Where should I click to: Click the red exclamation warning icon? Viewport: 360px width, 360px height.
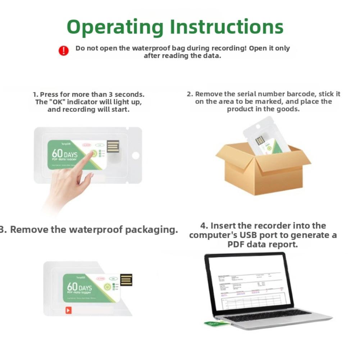click(x=63, y=50)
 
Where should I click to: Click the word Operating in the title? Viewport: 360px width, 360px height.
click(x=115, y=27)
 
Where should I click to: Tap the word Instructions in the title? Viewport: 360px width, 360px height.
click(x=227, y=27)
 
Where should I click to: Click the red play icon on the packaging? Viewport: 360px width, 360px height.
click(x=68, y=310)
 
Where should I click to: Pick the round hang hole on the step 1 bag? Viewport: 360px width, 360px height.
click(x=135, y=155)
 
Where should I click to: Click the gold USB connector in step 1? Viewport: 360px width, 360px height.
click(x=113, y=146)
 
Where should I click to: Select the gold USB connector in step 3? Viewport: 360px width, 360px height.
click(x=126, y=280)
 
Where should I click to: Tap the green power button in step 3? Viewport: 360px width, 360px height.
click(x=107, y=287)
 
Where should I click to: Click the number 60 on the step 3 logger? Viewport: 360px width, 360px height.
click(x=72, y=287)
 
